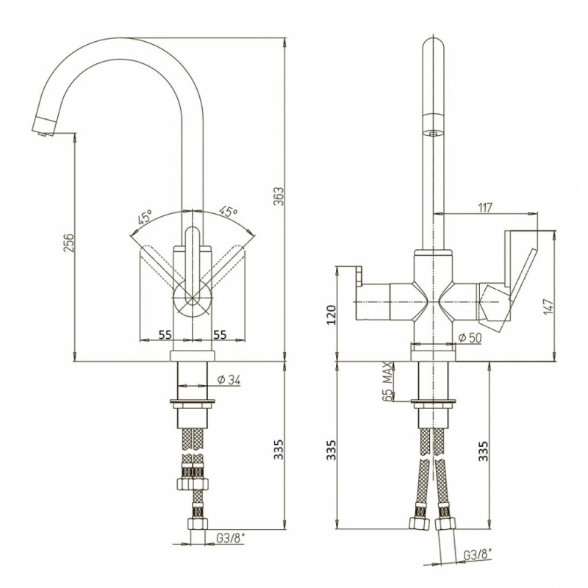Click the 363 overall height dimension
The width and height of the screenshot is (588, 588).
pyautogui.click(x=279, y=196)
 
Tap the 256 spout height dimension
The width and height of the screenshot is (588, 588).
pyautogui.click(x=68, y=243)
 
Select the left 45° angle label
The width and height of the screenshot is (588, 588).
pyautogui.click(x=145, y=217)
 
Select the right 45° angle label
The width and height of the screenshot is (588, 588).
pyautogui.click(x=229, y=212)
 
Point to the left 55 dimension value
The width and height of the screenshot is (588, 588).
pyautogui.click(x=165, y=334)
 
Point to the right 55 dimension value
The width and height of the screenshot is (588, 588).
pyautogui.click(x=220, y=334)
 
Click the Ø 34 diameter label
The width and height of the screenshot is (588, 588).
pyautogui.click(x=229, y=380)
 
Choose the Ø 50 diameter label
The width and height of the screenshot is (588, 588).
pyautogui.click(x=470, y=338)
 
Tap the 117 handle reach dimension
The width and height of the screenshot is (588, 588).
pyautogui.click(x=485, y=207)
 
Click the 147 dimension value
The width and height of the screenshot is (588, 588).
pyautogui.click(x=548, y=306)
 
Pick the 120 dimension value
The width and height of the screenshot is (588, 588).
pyautogui.click(x=331, y=315)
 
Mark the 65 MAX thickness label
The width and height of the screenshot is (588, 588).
pyautogui.click(x=388, y=381)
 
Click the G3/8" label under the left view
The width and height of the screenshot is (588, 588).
pyautogui.click(x=230, y=538)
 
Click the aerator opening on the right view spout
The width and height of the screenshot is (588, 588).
pyautogui.click(x=433, y=133)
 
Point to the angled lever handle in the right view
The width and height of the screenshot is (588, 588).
pyautogui.click(x=522, y=275)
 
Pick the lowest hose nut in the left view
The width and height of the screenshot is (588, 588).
pyautogui.click(x=197, y=523)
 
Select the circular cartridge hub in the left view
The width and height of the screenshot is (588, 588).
pyautogui.click(x=193, y=298)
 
